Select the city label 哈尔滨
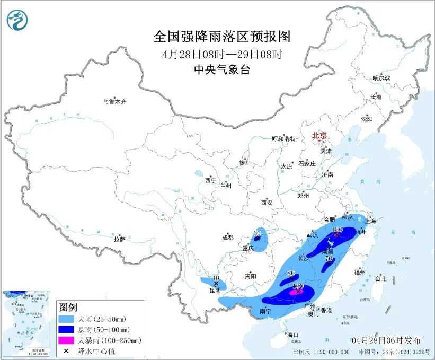[381, 78]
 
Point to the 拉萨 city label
[119, 239]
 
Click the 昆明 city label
[215, 291]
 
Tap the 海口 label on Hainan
[293, 335]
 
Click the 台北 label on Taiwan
[380, 278]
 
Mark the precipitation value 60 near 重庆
[257, 233]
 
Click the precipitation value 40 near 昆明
[215, 278]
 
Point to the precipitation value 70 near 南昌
[329, 259]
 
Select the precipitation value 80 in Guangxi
[290, 274]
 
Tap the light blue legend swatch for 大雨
[66, 320]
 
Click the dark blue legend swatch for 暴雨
[66, 330]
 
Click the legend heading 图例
[68, 308]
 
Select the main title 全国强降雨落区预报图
[223, 37]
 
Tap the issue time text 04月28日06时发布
[386, 339]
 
